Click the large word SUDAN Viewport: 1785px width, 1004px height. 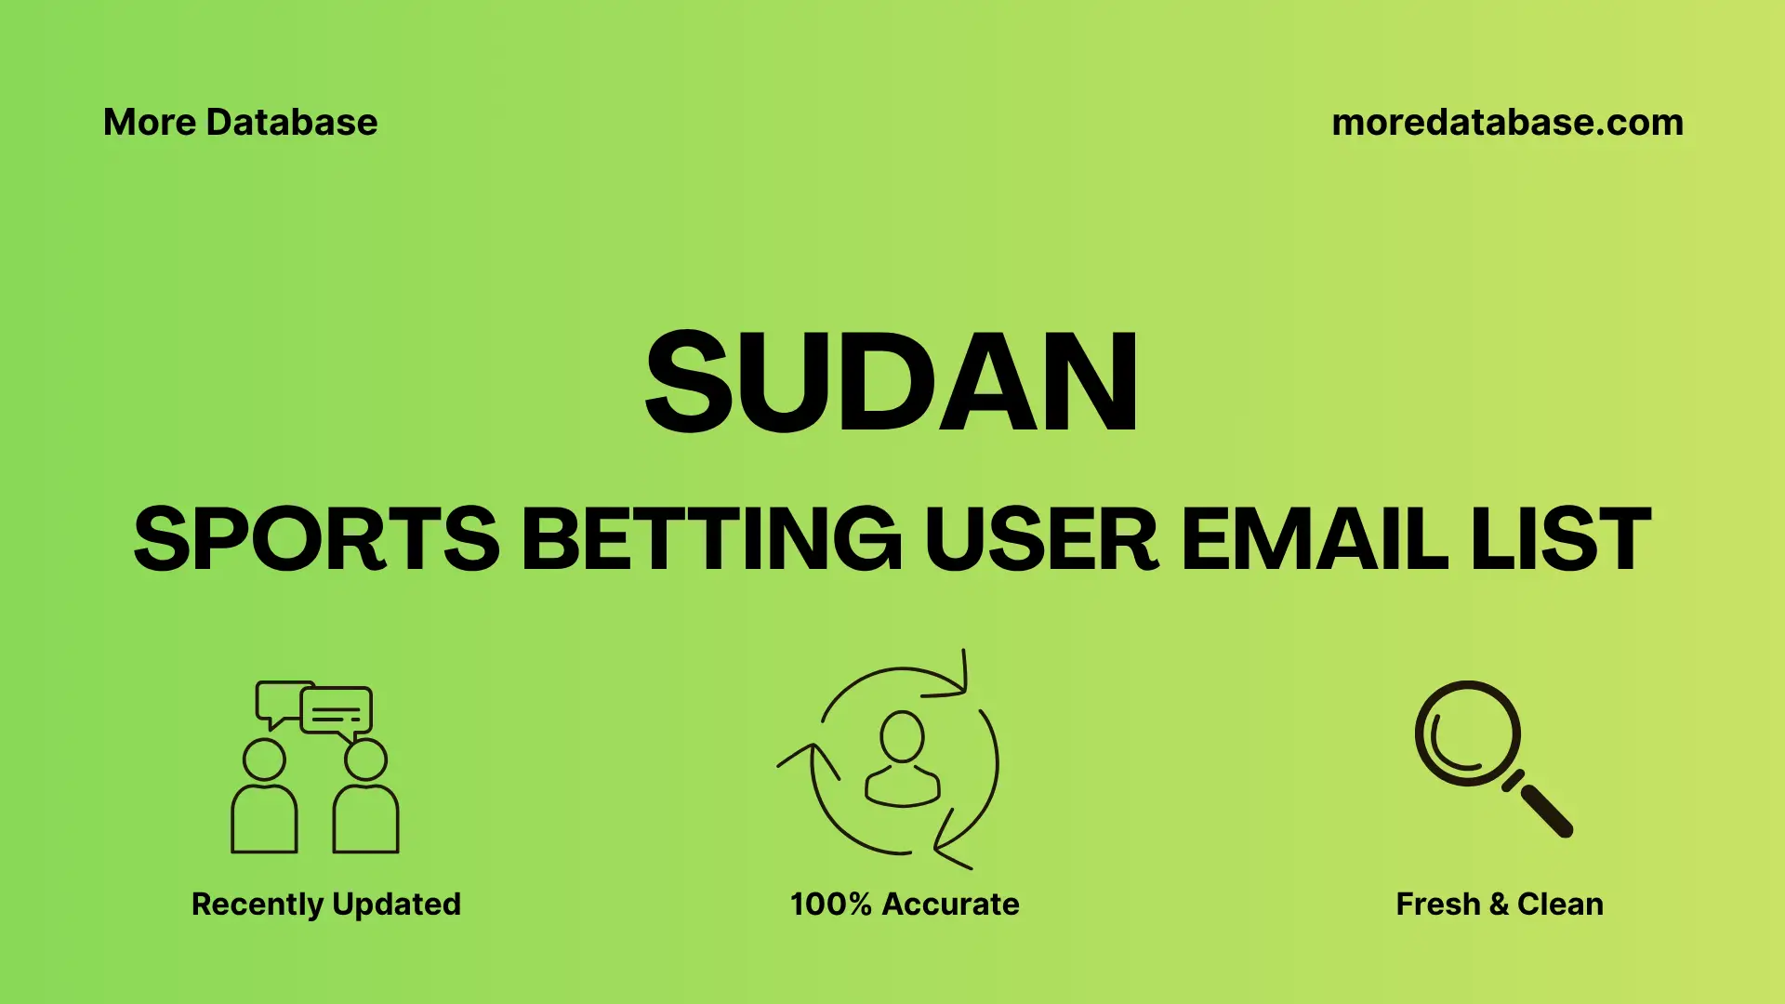point(891,382)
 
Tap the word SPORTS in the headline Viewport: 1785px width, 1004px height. point(316,539)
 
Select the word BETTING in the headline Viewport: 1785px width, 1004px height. point(711,539)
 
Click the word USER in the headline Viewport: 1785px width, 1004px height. point(1041,539)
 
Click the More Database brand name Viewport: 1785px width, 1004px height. point(240,123)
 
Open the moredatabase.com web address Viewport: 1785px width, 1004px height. point(1507,123)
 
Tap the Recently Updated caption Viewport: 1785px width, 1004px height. point(325,904)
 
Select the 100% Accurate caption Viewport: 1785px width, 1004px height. point(905,904)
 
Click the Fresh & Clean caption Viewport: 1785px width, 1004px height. point(1499,904)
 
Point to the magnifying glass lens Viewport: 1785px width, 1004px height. point(1467,733)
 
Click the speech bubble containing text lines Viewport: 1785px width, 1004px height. point(337,712)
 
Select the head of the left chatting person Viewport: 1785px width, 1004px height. point(264,760)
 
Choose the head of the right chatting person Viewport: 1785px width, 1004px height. point(365,760)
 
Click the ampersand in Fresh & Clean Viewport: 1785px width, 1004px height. point(1498,904)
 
